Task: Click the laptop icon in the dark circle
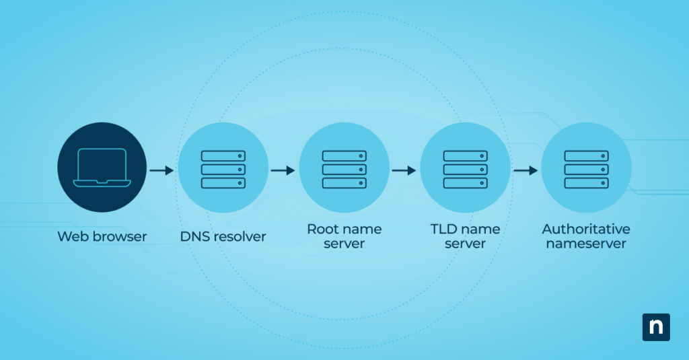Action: point(102,168)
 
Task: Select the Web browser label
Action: point(102,236)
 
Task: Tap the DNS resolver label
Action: point(223,236)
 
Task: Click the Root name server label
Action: point(344,236)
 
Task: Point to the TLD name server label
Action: point(465,236)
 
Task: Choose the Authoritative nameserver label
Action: point(586,236)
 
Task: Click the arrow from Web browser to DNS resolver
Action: point(161,170)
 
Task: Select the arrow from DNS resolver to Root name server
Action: point(283,170)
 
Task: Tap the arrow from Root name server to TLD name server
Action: point(404,170)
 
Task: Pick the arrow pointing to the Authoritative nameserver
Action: point(525,170)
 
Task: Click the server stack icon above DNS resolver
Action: point(223,169)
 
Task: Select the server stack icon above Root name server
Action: point(344,169)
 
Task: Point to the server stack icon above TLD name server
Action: point(465,169)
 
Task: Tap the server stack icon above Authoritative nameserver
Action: point(586,169)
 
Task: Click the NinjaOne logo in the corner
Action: point(656,327)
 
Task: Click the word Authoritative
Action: point(586,229)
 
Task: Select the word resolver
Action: point(240,236)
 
